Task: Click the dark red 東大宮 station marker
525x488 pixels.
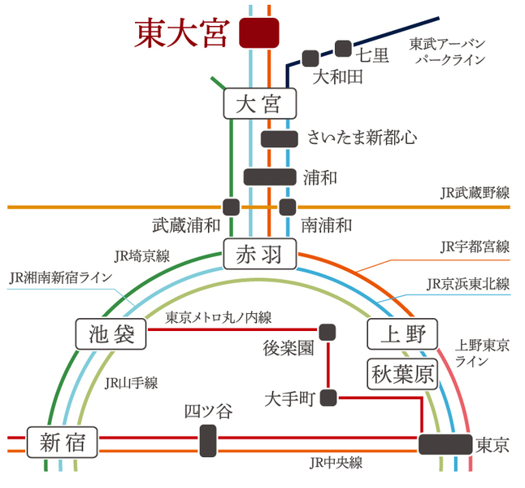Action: pos(259,33)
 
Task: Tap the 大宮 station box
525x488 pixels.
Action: pos(260,103)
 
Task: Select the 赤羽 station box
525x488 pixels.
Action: pos(260,254)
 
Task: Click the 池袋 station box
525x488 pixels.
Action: pos(111,334)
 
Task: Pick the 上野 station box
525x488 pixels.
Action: pos(402,334)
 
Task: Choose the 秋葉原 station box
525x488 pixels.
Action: pos(402,374)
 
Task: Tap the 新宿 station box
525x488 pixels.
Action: pos(63,442)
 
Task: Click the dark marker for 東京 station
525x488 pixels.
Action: pos(445,444)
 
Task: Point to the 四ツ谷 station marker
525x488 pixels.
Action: pos(208,441)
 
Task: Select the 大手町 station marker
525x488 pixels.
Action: pos(328,398)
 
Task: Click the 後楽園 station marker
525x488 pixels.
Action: pos(328,332)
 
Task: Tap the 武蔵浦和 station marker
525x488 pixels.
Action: pos(231,207)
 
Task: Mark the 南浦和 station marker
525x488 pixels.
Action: pos(288,207)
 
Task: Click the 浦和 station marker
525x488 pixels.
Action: pos(270,177)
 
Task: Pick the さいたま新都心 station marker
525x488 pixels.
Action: pos(280,139)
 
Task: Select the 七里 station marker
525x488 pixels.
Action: pos(344,49)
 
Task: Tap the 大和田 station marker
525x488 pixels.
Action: pos(310,59)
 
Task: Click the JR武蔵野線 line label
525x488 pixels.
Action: pos(475,193)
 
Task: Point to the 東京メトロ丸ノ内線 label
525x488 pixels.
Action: pos(219,317)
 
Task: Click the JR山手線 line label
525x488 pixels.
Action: pos(131,383)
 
